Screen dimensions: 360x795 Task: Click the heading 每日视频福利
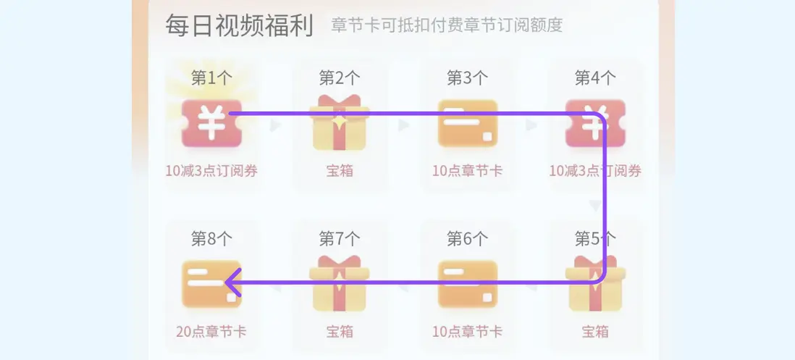(239, 25)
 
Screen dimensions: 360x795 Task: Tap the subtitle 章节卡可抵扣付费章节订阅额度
(447, 25)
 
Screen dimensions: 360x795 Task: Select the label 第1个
(211, 78)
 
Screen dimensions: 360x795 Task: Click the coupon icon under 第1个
(211, 123)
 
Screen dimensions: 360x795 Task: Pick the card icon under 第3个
(468, 123)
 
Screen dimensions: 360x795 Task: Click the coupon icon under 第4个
(595, 123)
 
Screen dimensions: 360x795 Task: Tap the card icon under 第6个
(468, 284)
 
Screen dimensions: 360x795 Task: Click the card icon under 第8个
(211, 284)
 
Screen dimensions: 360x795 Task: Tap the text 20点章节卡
(211, 332)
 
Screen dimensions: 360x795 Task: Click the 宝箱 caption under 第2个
(340, 172)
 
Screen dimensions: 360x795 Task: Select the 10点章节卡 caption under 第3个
(468, 172)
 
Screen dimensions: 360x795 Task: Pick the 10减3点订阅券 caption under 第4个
(595, 172)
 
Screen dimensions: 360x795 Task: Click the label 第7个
(340, 238)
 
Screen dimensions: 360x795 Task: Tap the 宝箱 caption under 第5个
(595, 332)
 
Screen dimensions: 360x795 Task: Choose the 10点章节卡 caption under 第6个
(468, 332)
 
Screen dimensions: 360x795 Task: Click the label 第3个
(468, 78)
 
